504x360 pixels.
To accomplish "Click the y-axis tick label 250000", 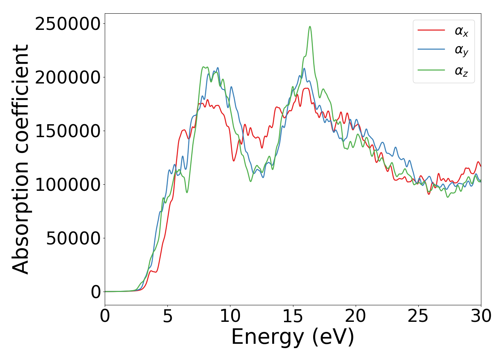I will point(67,24).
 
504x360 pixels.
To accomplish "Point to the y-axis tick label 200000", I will point(67,78).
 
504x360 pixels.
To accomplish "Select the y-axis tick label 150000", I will point(67,131).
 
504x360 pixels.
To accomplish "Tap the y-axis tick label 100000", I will point(67,185).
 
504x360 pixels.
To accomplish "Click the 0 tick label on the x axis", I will point(105,316).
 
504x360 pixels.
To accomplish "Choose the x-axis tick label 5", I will point(168,316).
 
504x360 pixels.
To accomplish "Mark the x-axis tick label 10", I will point(230,316).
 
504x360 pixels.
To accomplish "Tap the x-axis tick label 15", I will point(293,316).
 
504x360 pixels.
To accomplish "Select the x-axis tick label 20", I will point(356,316).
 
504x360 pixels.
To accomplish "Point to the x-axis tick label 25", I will point(418,316).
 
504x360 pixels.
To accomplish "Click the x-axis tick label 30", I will point(481,316).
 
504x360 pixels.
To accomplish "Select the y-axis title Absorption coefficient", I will point(21,159).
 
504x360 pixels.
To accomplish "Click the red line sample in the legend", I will point(431,30).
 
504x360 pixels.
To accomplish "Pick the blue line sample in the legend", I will point(431,50).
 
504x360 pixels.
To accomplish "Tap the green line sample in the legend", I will point(431,70).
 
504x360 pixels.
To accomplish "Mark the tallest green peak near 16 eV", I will point(310,27).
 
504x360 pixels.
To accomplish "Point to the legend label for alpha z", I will point(462,71).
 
